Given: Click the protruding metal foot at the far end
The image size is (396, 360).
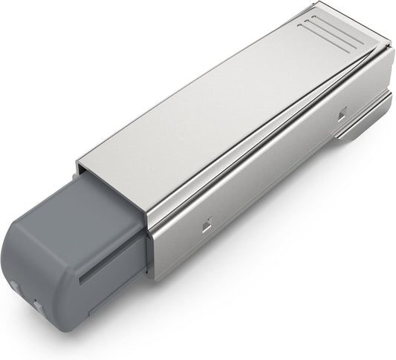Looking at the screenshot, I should click(x=360, y=131).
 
